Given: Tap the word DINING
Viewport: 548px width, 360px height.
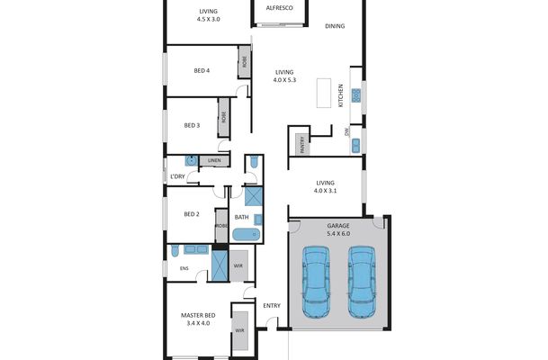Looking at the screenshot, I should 335,26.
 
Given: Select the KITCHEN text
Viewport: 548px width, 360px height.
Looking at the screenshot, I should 341,94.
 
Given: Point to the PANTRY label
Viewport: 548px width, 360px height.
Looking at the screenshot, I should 299,142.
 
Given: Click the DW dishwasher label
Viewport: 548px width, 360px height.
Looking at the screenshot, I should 347,131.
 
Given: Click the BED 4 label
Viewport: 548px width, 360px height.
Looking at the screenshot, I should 202,71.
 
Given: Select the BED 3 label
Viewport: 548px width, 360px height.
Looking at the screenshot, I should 191,125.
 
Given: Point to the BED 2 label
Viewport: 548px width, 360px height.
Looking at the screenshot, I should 191,214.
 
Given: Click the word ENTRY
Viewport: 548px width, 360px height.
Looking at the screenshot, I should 272,305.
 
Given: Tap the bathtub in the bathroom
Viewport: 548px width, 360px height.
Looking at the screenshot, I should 245,234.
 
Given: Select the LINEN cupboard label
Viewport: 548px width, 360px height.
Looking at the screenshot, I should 214,161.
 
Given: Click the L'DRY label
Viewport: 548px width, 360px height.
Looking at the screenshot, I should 178,176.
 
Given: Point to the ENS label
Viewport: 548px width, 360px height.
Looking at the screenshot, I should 184,267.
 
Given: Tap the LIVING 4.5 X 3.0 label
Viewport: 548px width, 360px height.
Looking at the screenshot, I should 208,13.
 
